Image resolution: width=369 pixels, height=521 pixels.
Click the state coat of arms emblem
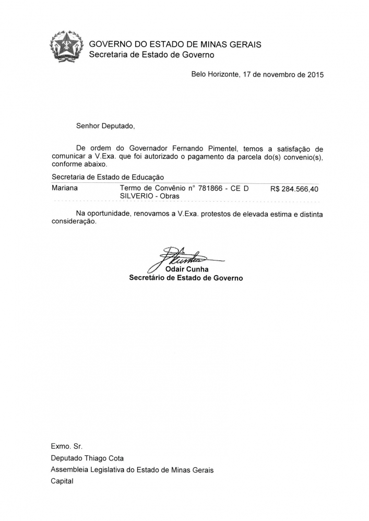pos(66,46)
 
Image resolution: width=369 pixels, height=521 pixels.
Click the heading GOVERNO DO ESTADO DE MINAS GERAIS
pos(175,44)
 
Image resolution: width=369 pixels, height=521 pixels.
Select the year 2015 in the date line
pos(315,75)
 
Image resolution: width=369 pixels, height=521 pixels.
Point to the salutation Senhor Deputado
pos(105,126)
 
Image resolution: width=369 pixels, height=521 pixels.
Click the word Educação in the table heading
pos(148,178)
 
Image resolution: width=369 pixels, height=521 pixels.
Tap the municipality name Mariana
pos(65,188)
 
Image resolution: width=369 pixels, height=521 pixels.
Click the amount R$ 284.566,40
pos(294,189)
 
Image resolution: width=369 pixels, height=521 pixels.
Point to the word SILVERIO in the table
pos(136,196)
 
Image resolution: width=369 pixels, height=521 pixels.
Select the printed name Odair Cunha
pos(186,269)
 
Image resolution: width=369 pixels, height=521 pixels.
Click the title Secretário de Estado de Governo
pos(186,278)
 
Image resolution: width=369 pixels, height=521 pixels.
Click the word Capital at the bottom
pos(62,481)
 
